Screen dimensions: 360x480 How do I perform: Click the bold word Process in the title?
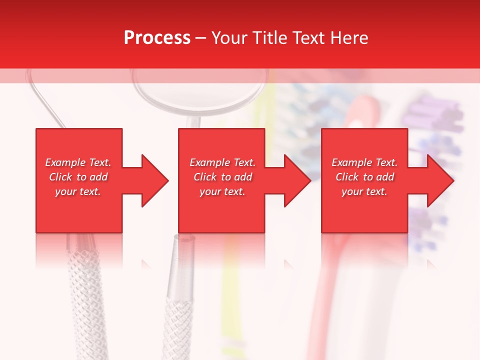click(x=157, y=38)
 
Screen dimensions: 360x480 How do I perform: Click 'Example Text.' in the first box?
click(x=78, y=162)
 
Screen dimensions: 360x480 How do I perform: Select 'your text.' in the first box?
click(x=78, y=191)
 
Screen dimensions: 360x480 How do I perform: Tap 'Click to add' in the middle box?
click(x=222, y=177)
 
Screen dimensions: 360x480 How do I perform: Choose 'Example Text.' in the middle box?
click(x=222, y=162)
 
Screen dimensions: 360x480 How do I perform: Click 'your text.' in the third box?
click(x=364, y=191)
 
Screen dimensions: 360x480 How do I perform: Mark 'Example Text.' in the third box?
click(x=364, y=162)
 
